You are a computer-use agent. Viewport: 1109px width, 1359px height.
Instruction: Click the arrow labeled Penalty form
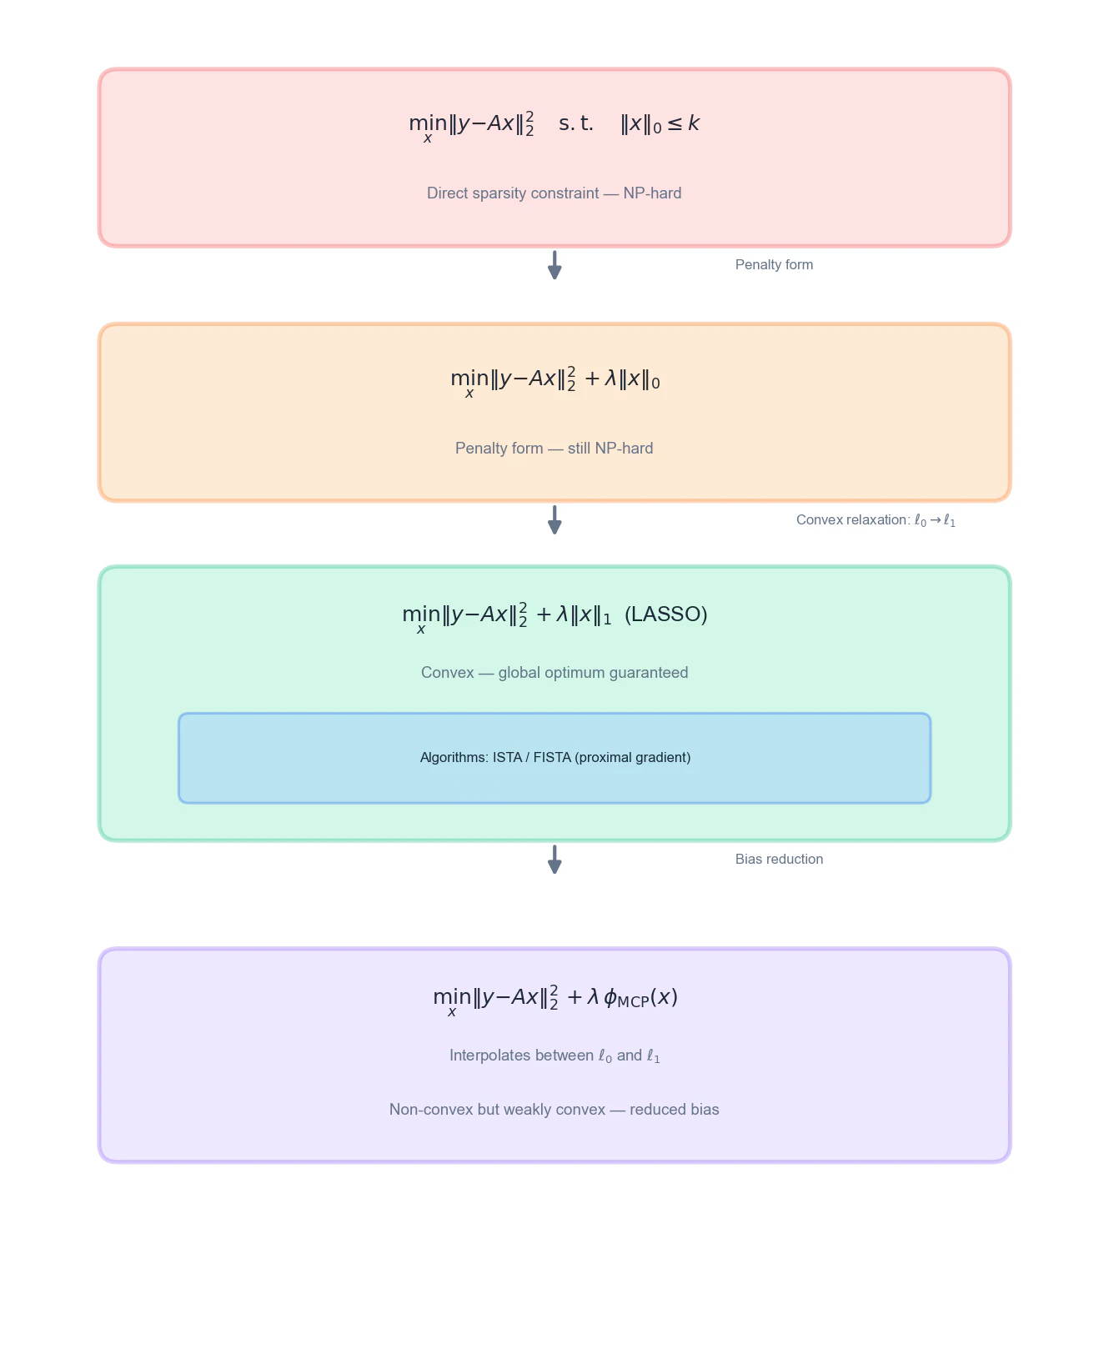554,265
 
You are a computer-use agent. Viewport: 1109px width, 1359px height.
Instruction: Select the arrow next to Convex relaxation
554,520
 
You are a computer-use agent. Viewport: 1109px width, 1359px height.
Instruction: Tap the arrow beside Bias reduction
554,860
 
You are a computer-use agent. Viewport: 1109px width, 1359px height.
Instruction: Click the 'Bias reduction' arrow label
779,860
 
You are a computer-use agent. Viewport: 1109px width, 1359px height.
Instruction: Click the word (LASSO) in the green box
665,614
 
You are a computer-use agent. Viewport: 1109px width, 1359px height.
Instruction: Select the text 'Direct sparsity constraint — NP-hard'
554,193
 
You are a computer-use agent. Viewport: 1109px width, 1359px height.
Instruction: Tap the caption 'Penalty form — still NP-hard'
554,449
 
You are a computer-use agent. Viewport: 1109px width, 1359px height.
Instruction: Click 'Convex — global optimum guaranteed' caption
554,673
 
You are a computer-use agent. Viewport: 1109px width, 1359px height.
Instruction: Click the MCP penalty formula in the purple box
554,998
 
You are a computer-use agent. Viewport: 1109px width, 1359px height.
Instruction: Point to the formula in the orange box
554,380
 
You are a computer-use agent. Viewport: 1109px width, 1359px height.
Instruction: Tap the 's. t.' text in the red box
576,124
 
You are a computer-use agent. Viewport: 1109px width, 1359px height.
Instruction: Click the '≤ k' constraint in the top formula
684,124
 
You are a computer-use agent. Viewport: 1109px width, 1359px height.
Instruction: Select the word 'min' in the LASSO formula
421,614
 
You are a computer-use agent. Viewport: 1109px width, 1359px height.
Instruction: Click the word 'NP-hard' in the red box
652,193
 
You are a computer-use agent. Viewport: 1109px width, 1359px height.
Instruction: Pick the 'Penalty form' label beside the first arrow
774,265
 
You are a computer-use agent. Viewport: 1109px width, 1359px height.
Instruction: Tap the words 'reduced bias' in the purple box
674,1110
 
